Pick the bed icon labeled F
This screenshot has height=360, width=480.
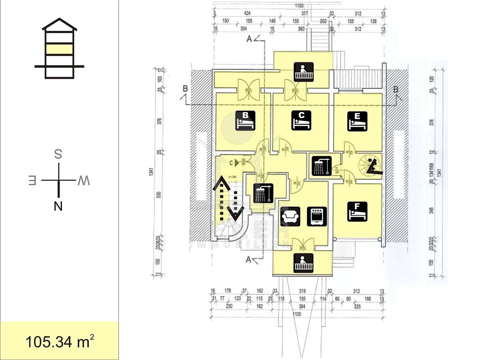click(x=357, y=212)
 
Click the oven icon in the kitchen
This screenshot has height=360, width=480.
click(x=317, y=217)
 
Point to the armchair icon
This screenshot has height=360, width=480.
click(x=290, y=217)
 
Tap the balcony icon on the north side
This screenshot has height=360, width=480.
click(x=304, y=263)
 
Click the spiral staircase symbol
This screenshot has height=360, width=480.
click(x=370, y=166)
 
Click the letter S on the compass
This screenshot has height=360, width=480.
click(x=58, y=154)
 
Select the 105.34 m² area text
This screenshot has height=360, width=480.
click(x=60, y=342)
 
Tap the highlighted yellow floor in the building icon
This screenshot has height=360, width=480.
click(x=59, y=49)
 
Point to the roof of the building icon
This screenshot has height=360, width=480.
click(x=59, y=24)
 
